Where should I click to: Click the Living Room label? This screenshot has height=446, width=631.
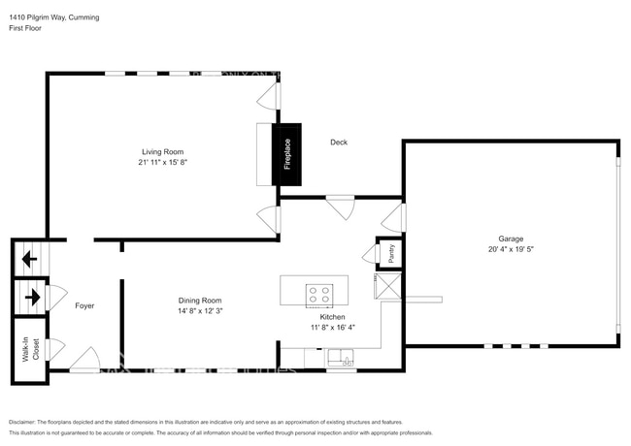(162, 151)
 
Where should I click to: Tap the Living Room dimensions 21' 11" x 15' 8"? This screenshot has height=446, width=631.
(162, 162)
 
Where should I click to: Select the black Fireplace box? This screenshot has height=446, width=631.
(287, 154)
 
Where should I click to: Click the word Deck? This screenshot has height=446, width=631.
(339, 143)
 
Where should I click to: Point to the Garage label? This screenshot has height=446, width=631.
(511, 239)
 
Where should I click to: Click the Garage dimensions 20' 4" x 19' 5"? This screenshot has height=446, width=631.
(511, 249)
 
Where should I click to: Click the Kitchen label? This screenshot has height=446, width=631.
(333, 317)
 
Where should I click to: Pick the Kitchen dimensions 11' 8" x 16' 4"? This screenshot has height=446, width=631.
(333, 328)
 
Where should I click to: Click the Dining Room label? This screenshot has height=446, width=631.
(200, 301)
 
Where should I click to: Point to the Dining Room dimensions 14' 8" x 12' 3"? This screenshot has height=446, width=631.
(200, 311)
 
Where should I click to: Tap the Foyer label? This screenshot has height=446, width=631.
(84, 305)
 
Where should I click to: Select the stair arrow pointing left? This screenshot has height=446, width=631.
(29, 259)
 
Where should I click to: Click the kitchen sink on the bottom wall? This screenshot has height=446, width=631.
(341, 362)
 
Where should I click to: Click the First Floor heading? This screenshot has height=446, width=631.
(26, 28)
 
